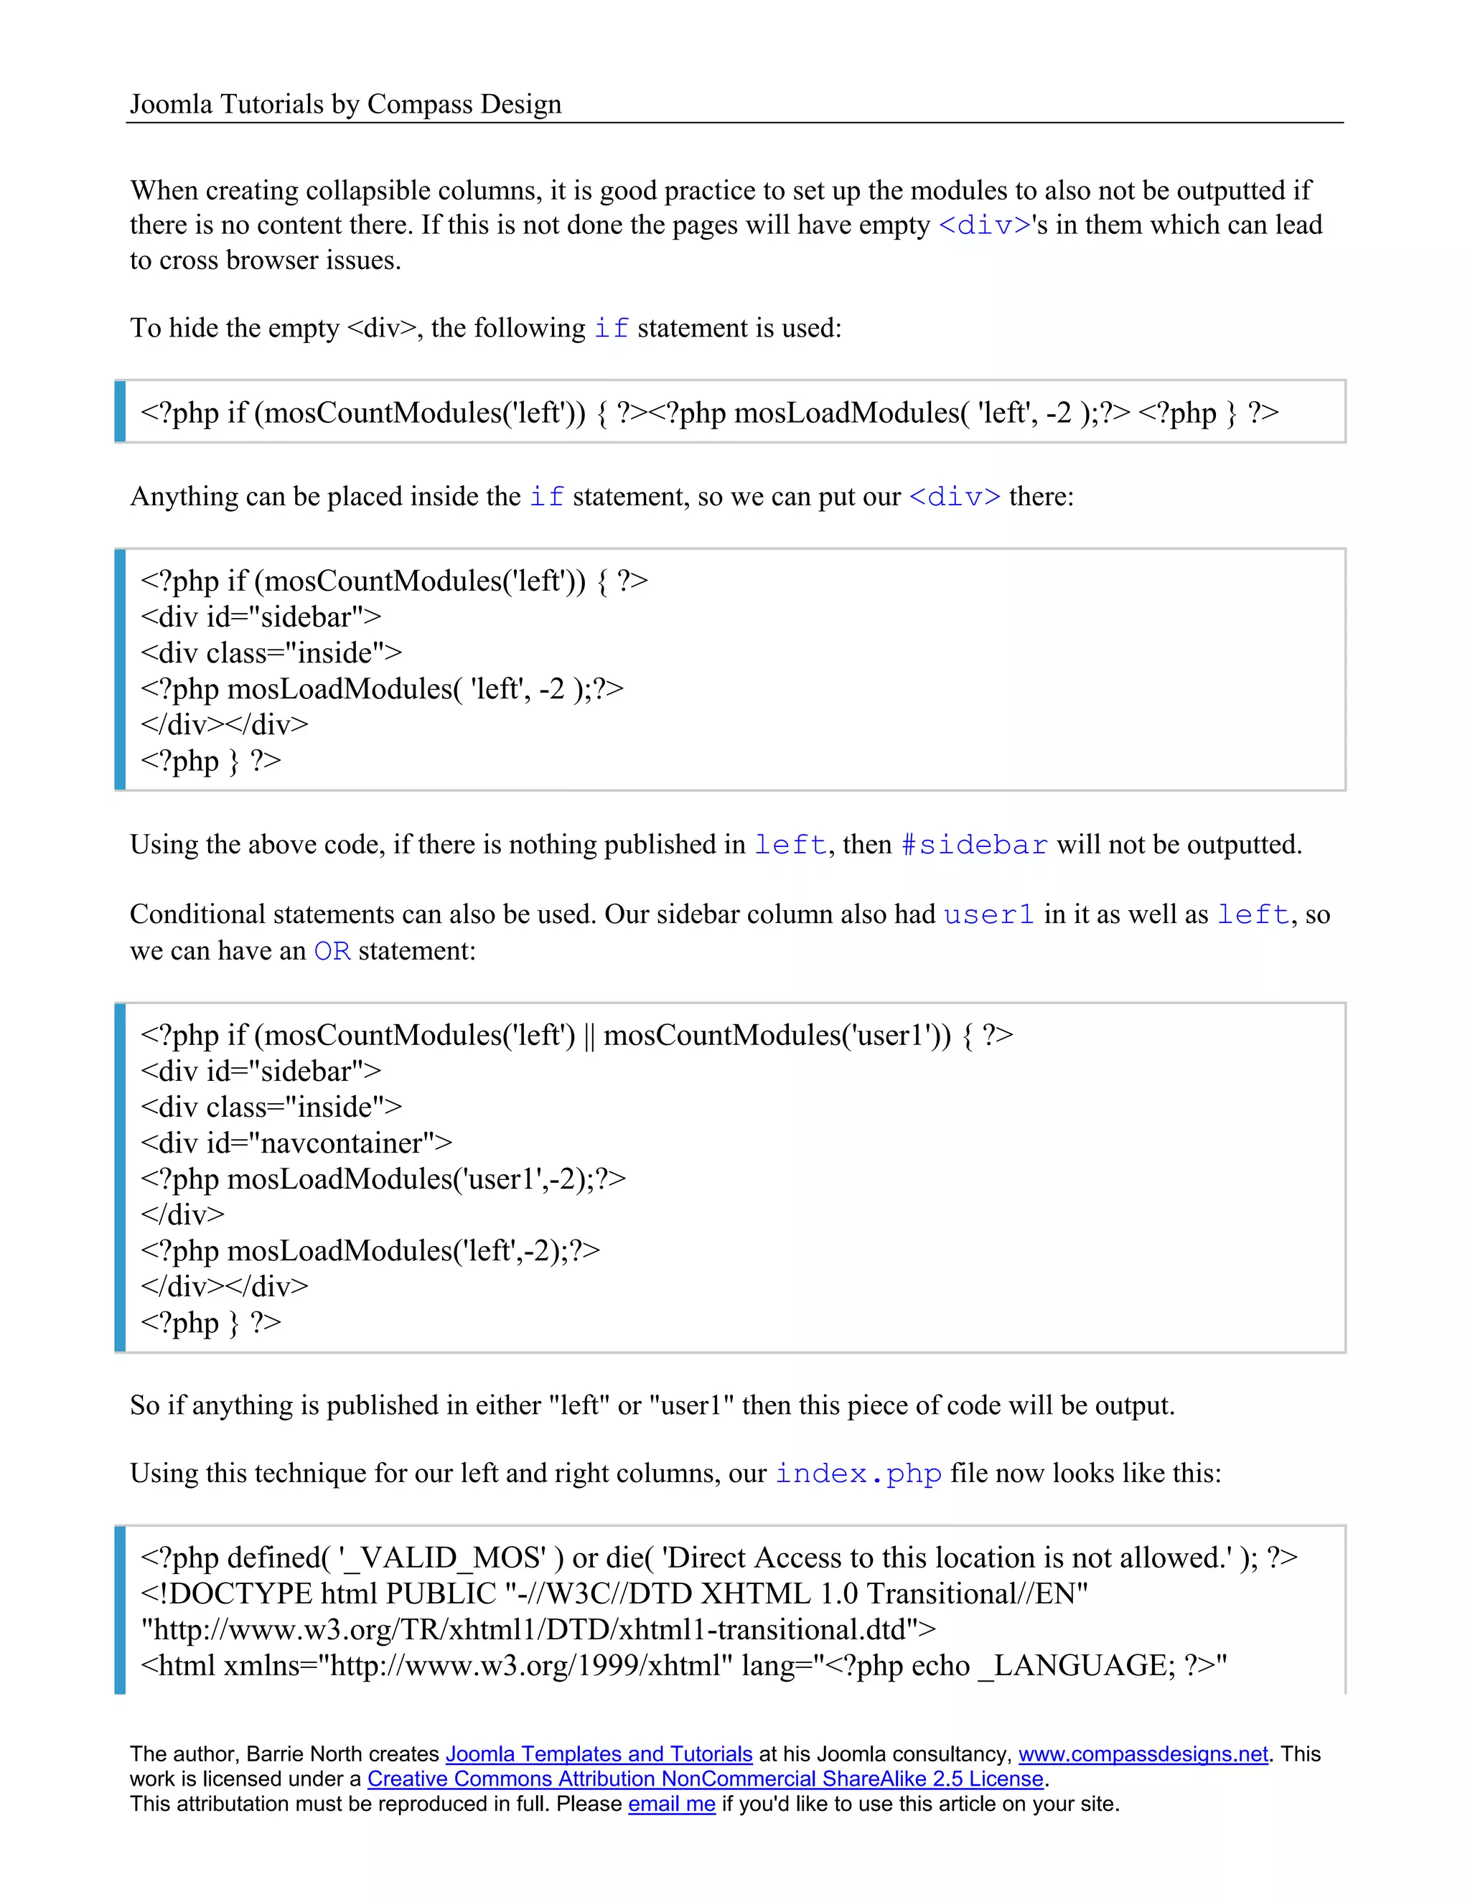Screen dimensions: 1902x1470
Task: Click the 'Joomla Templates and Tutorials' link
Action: (x=599, y=1753)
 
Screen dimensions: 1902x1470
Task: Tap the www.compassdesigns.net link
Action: (x=1143, y=1753)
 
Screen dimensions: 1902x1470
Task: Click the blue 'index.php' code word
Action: (x=858, y=1473)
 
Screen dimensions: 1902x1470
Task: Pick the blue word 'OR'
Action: (x=332, y=950)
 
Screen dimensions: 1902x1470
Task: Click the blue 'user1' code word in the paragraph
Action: (x=988, y=914)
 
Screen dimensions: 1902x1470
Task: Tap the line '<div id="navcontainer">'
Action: (x=296, y=1142)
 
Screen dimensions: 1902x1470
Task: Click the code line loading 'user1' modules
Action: (x=383, y=1179)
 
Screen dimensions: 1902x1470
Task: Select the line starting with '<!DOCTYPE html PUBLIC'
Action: (x=614, y=1593)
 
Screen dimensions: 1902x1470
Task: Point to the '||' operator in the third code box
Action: (x=589, y=1036)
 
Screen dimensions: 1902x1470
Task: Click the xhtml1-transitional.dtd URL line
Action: (x=538, y=1629)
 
